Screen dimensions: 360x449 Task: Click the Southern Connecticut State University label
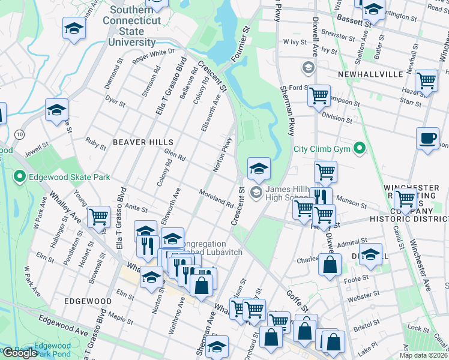(135, 26)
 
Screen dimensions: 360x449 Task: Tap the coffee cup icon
(427, 138)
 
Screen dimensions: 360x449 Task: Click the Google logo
(20, 353)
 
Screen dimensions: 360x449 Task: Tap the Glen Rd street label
(175, 158)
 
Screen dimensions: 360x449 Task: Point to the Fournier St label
(239, 42)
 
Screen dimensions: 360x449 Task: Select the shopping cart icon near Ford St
(318, 95)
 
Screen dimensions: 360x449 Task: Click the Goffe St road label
(297, 305)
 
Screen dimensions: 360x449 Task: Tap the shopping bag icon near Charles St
(330, 264)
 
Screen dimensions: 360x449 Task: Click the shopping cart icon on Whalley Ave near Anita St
(98, 217)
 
